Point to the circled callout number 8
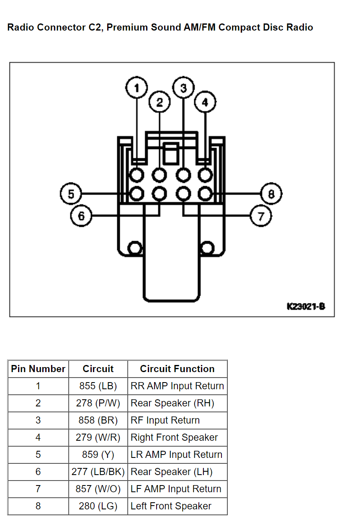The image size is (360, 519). click(x=271, y=194)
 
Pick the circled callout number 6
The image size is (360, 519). click(x=81, y=216)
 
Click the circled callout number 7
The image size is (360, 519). click(x=261, y=216)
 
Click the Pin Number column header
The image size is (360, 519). click(x=38, y=369)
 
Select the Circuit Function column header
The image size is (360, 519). click(x=177, y=369)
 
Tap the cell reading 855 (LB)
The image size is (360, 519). click(x=98, y=386)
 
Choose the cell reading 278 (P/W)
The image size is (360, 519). click(x=98, y=403)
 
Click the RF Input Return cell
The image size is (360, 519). click(x=165, y=420)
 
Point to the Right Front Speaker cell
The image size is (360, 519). click(x=174, y=437)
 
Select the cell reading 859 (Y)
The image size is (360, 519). click(x=98, y=455)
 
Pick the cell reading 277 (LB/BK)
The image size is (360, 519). click(x=98, y=472)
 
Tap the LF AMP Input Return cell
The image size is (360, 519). click(x=176, y=489)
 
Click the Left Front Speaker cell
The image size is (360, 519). click(x=171, y=506)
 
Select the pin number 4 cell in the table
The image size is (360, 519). click(x=38, y=437)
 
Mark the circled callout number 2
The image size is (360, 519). click(x=159, y=102)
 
